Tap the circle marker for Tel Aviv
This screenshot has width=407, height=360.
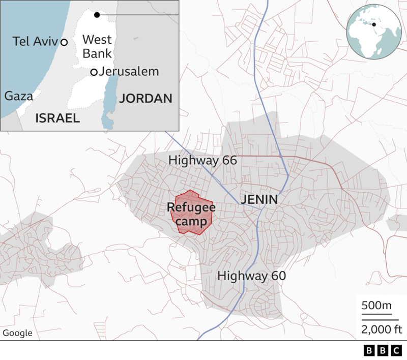click(x=64, y=42)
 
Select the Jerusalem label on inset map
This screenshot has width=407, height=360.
click(x=129, y=72)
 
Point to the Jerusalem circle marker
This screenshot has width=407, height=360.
click(x=94, y=72)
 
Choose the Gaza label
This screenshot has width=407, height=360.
click(x=18, y=96)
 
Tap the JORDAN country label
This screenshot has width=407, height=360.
click(x=146, y=99)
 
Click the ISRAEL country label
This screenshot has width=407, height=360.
click(x=57, y=118)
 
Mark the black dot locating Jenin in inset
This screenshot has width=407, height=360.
click(x=97, y=15)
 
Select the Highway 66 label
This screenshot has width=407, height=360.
click(x=203, y=161)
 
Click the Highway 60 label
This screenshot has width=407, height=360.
click(x=251, y=276)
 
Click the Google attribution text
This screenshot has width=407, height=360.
click(x=17, y=333)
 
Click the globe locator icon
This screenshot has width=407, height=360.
click(x=372, y=34)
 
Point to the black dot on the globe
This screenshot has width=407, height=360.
click(x=373, y=24)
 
